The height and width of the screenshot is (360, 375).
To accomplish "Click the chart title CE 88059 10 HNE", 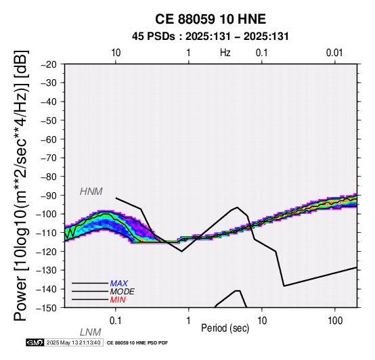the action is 211,19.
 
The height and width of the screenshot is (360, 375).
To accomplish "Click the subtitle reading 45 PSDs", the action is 153,37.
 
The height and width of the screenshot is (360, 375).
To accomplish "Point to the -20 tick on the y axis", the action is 49,64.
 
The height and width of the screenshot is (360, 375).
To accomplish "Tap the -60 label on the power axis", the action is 49,139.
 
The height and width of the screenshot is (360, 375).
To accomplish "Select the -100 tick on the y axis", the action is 47,214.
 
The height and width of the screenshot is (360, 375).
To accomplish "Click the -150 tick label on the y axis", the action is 47,308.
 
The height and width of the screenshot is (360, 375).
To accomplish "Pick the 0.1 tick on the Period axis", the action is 116,321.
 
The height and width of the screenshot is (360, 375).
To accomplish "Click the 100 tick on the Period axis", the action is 335,321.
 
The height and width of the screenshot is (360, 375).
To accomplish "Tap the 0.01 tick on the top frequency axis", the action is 334,53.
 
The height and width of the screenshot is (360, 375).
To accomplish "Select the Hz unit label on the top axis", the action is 225,53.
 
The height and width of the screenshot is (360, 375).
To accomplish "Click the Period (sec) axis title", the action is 225,328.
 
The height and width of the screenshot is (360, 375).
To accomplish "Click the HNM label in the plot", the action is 91,192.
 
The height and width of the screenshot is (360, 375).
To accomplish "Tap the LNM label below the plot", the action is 91,332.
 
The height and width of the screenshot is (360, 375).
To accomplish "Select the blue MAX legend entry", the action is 119,284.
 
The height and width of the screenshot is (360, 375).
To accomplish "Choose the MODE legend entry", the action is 123,292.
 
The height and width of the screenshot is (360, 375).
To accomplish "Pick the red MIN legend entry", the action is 118,300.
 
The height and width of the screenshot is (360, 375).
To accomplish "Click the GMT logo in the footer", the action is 35,342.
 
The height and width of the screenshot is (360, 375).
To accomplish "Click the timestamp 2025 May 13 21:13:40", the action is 73,342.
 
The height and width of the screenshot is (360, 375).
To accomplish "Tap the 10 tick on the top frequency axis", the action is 116,53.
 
